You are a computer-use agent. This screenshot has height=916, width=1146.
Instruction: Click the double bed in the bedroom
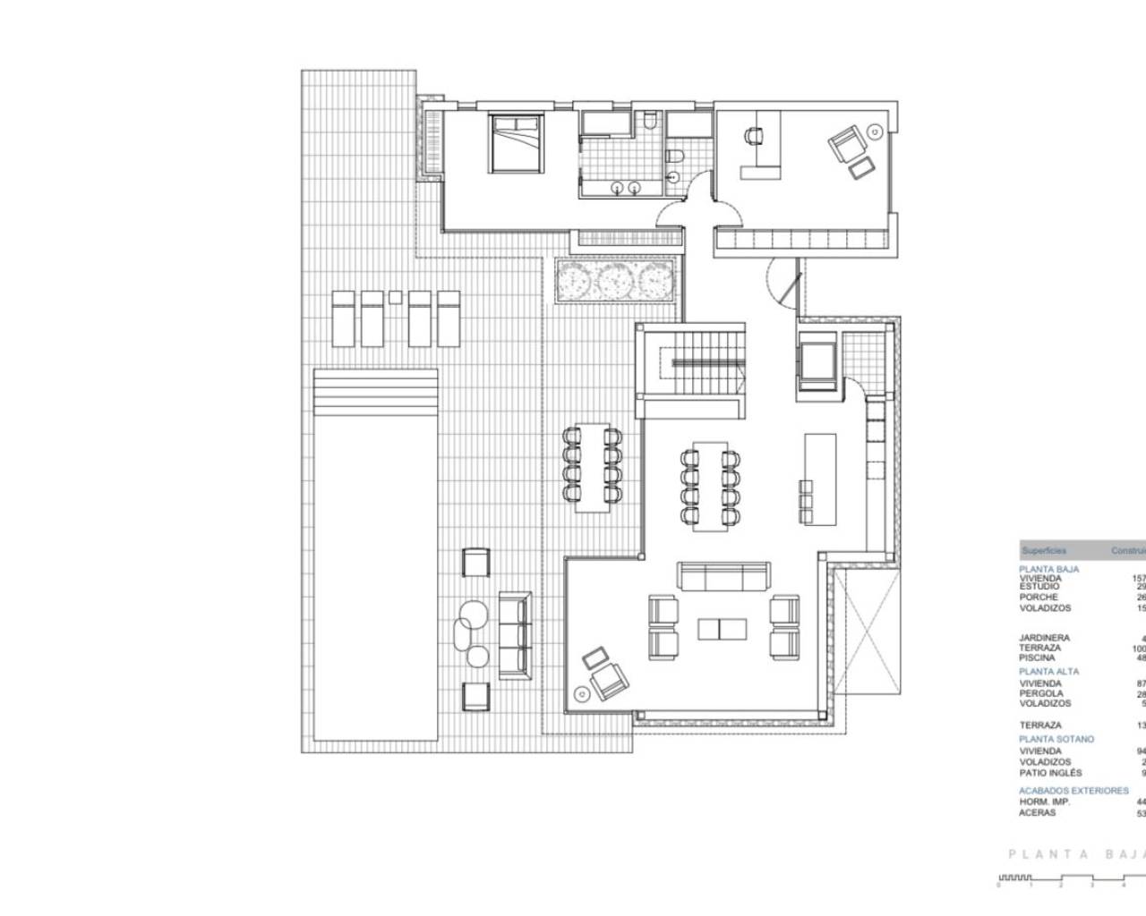tap(515, 143)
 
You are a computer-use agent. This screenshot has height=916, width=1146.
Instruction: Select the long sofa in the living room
tap(723, 577)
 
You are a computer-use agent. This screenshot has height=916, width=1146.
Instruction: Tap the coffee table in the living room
tap(721, 629)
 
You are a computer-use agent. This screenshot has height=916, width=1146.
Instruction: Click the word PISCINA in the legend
tap(1037, 657)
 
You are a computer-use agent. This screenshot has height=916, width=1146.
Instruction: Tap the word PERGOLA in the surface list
tap(1041, 693)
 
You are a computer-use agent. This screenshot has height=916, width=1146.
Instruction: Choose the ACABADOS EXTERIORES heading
tap(1073, 792)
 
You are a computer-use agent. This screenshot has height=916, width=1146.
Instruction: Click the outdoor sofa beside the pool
tap(515, 634)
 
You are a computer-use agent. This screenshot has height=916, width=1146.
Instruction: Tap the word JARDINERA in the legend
tap(1044, 638)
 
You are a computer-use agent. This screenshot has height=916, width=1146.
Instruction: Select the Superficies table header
tap(1044, 550)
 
